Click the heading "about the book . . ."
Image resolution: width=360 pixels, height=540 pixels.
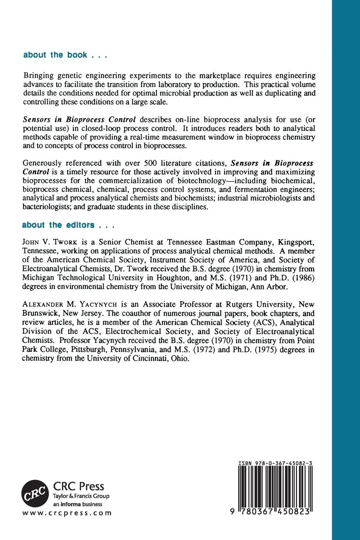click(65, 55)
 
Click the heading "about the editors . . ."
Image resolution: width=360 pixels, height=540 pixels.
click(68, 225)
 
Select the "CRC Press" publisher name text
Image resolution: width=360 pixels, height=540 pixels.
click(79, 486)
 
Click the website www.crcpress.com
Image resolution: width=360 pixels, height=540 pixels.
click(67, 513)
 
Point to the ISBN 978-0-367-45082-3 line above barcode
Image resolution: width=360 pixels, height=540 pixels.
click(275, 463)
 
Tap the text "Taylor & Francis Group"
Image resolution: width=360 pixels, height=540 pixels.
click(81, 496)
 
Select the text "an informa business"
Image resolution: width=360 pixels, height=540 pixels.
click(77, 504)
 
